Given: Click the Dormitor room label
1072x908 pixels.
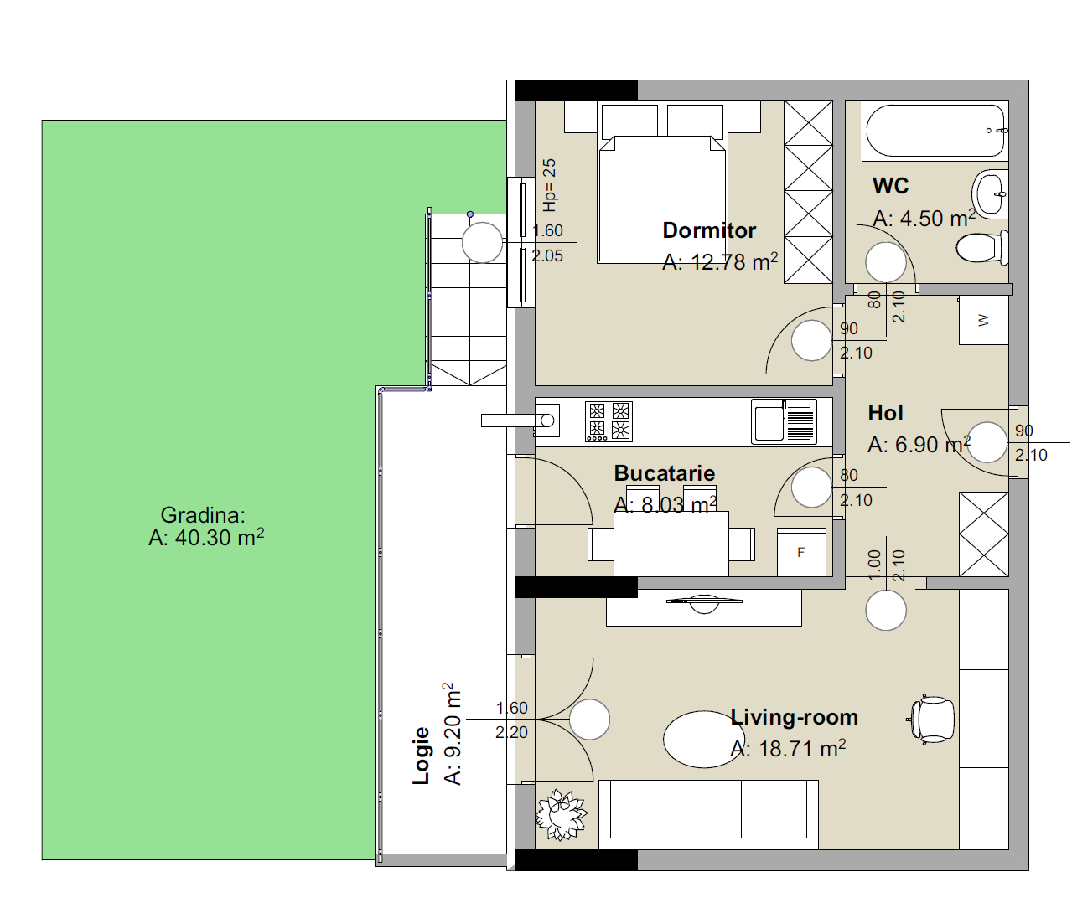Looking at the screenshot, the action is (x=709, y=230).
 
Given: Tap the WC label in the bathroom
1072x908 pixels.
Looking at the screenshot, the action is (x=890, y=186).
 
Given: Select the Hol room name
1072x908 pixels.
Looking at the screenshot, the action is (x=885, y=413).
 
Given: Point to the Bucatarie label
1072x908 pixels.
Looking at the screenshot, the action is (x=665, y=473).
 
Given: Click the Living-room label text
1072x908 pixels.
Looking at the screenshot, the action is (x=794, y=717).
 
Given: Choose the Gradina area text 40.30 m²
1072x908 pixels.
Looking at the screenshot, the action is (x=206, y=538).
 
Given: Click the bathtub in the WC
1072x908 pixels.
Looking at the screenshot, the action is (x=935, y=131).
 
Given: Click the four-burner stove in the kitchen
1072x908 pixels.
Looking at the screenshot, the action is (x=609, y=422).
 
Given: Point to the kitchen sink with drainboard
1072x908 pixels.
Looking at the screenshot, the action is (x=784, y=422).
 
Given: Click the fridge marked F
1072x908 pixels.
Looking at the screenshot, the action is (x=801, y=553).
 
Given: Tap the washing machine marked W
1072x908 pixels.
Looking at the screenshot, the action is (x=983, y=320).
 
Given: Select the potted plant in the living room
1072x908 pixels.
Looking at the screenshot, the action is (x=562, y=815).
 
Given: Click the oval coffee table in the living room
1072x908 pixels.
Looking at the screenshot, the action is (x=704, y=740).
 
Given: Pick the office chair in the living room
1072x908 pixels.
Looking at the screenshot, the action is (x=932, y=720).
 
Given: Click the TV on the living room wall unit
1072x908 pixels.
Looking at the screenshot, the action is (x=704, y=602).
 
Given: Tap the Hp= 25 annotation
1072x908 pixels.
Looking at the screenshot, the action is (x=549, y=185).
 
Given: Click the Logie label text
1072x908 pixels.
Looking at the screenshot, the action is (x=421, y=756).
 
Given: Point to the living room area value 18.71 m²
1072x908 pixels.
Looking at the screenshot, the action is (x=789, y=749).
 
